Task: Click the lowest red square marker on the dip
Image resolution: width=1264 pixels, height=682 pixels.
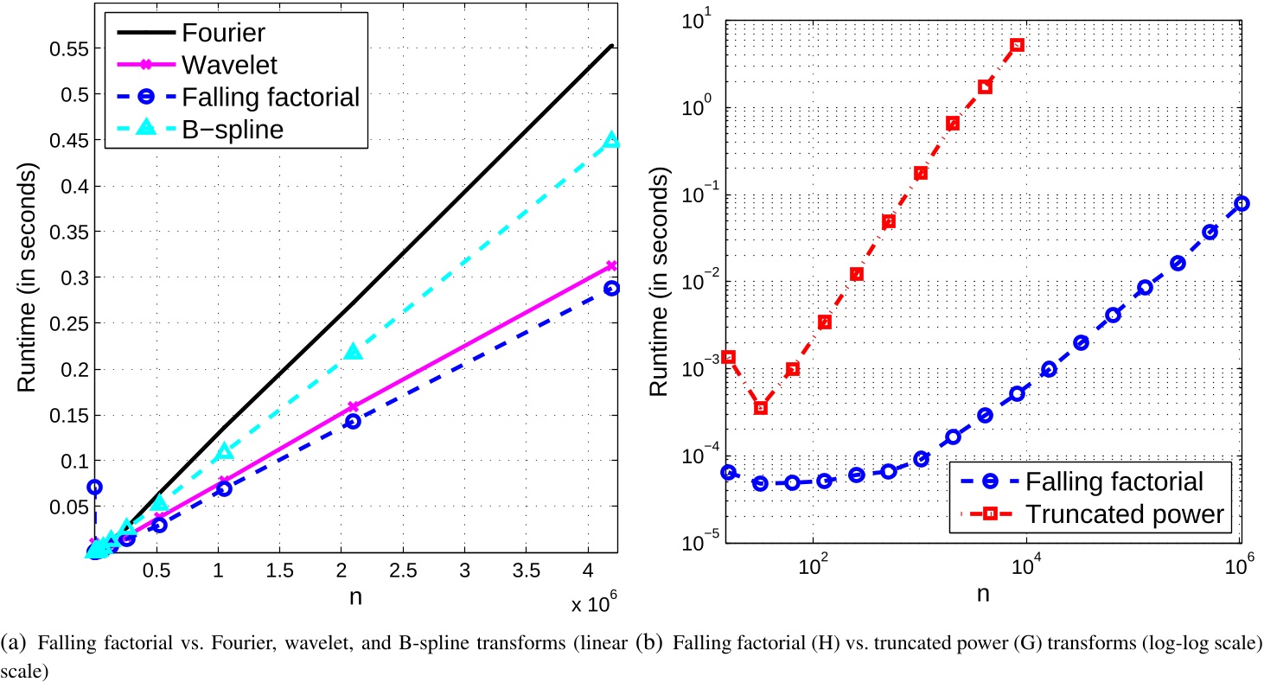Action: [761, 407]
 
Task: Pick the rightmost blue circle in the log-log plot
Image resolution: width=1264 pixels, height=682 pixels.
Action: [1242, 203]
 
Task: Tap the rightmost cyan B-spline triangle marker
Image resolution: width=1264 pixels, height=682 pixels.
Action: [610, 140]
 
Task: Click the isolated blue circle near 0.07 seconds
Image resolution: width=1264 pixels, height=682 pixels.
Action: [94, 488]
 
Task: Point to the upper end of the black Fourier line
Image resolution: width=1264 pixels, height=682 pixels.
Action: [611, 46]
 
